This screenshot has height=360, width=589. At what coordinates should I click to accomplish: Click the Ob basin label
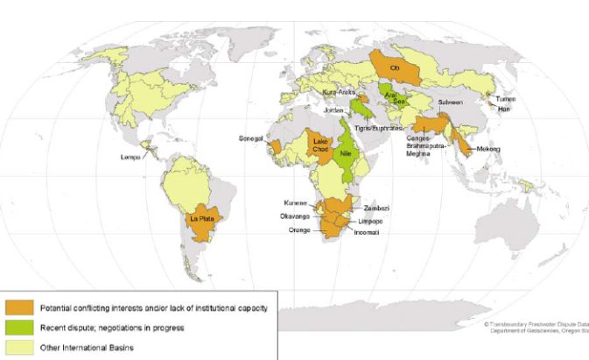[x=395, y=67]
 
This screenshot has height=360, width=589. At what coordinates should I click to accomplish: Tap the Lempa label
[x=131, y=158]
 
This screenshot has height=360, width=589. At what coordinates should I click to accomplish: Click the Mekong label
[x=488, y=149]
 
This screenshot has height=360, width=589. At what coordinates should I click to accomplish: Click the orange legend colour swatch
[x=19, y=307]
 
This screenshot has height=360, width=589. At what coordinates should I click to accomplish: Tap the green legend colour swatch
[x=19, y=328]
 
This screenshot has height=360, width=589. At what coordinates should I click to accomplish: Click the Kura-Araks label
[x=336, y=90]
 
